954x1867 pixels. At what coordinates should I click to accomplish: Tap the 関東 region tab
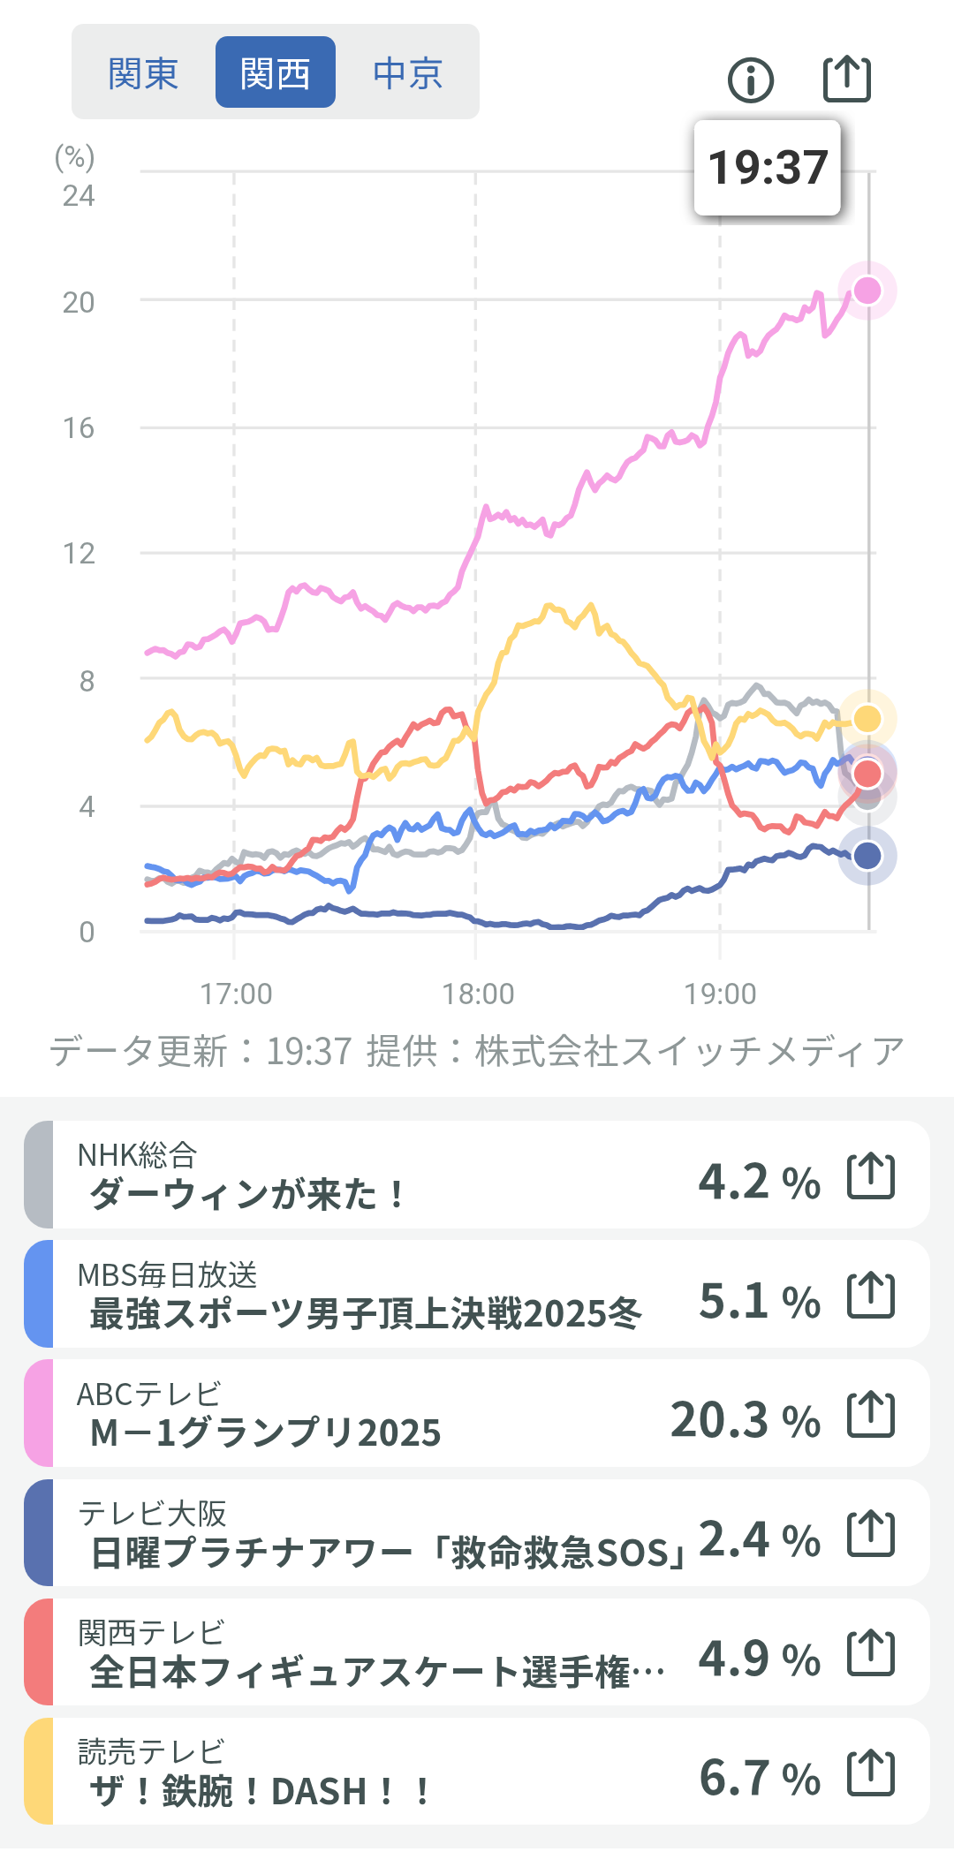tap(143, 72)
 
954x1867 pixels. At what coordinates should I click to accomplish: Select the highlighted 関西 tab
tap(275, 72)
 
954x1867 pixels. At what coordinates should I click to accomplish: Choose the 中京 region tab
tap(407, 72)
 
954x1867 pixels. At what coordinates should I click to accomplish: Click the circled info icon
tap(751, 80)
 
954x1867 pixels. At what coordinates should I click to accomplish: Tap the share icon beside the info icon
tap(847, 79)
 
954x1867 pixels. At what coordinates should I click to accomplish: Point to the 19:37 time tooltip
tap(768, 168)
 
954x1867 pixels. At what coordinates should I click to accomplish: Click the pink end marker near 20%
tap(867, 291)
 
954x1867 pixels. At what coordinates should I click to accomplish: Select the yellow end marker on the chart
tap(867, 719)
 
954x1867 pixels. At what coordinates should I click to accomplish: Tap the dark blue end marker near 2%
tap(867, 855)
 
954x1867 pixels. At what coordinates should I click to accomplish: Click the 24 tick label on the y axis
tap(79, 195)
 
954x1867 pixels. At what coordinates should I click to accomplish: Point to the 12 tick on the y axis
tap(79, 554)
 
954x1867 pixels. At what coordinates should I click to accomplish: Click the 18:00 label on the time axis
tap(478, 994)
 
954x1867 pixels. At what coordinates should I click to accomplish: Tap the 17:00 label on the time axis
tap(236, 994)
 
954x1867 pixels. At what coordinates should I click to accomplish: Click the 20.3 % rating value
tap(746, 1420)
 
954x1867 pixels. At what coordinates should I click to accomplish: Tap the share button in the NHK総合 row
tap(871, 1175)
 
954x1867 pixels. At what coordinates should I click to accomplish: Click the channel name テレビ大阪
tap(152, 1513)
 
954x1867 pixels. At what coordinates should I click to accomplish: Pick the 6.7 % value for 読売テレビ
tap(760, 1778)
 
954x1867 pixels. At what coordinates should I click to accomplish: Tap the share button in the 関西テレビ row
tap(871, 1652)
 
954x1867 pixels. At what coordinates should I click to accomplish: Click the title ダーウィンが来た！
tap(247, 1195)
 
